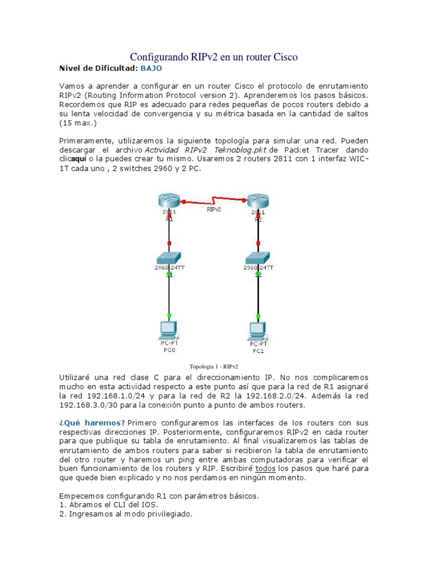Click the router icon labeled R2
pos(257,200)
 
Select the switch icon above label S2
pos(257,258)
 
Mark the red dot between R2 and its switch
pos(257,242)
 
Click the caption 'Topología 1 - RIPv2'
pos(213,366)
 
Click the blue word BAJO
pos(151,68)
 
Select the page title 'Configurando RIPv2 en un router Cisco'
pos(213,57)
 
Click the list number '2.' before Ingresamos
pos(62,514)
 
